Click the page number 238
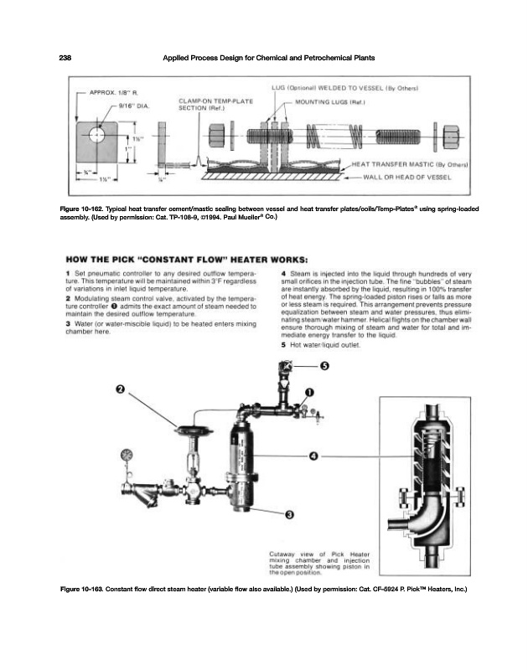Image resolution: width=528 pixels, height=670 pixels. coord(65,57)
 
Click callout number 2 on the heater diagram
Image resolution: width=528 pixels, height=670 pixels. coord(120,390)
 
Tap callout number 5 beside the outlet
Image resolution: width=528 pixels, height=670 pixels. coord(325,366)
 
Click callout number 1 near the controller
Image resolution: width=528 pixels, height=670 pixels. coord(308,392)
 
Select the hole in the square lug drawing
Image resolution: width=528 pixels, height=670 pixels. coord(97,134)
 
